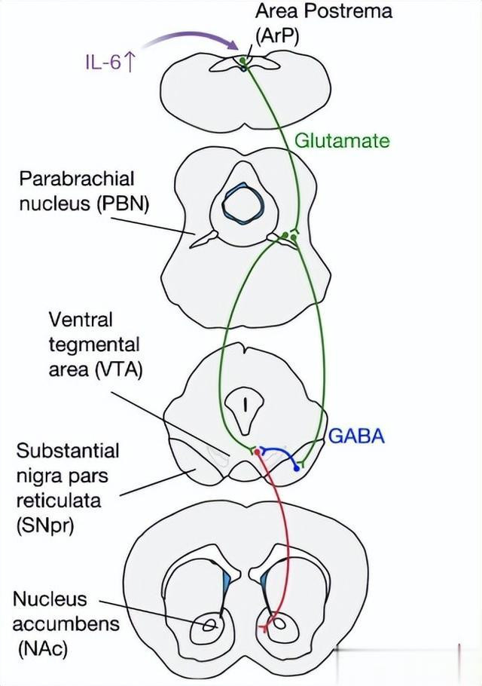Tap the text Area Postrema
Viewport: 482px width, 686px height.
324,11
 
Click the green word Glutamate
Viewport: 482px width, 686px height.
342,140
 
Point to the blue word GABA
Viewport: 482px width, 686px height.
355,436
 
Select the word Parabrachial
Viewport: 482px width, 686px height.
77,179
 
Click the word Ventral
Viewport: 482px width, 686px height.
81,320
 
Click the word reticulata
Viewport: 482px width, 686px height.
57,501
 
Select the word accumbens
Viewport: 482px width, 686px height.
66,623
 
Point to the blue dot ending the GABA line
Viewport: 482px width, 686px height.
297,469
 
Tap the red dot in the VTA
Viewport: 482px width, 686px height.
257,452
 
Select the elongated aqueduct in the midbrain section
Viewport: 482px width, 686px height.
245,407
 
